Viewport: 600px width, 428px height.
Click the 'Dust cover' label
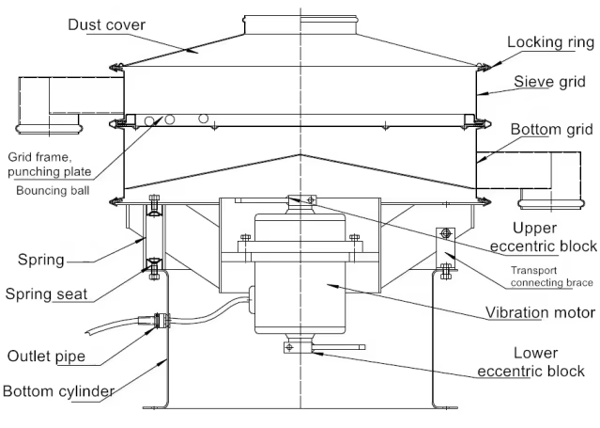pos(107,25)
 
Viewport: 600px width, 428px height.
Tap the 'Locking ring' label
pos(550,42)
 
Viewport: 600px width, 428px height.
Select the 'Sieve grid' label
pos(549,81)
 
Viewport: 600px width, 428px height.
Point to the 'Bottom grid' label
pos(552,129)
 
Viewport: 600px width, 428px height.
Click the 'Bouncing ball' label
pos(53,191)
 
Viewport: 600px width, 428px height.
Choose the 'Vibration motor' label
pos(540,312)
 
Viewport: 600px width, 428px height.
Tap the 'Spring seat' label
pos(46,294)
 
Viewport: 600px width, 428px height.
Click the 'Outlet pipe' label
pos(46,356)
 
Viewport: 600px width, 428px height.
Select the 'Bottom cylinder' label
pos(58,391)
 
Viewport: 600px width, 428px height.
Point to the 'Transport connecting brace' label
pos(551,277)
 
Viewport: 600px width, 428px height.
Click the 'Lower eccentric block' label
pos(531,362)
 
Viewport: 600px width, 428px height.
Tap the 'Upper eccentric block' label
pos(544,237)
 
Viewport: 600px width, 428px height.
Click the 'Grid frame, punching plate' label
pos(50,164)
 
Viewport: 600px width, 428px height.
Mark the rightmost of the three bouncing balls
pos(204,119)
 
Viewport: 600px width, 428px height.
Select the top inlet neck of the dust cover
pos(300,25)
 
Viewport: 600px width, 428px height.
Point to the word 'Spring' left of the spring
pos(41,260)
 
